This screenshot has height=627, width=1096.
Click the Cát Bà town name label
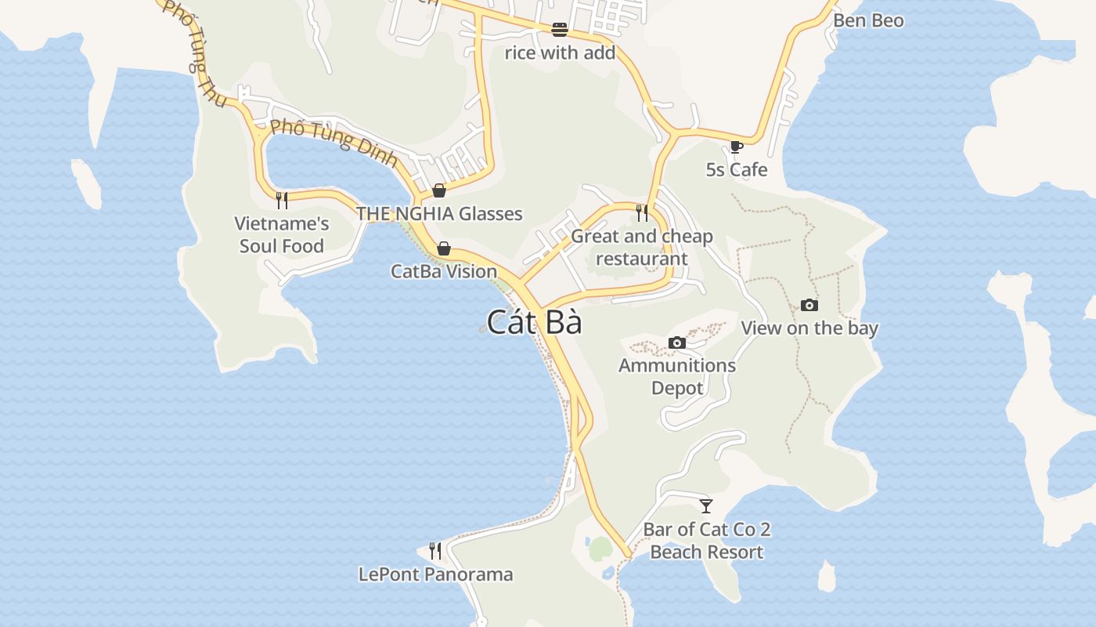coord(535,322)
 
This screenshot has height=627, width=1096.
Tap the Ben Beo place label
coord(868,20)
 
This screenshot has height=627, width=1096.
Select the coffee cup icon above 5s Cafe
coord(736,147)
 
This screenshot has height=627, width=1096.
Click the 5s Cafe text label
coord(737,169)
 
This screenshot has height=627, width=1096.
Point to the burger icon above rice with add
coord(560,30)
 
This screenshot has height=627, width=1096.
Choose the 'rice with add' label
coord(560,53)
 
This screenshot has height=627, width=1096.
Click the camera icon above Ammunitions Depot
coord(677,342)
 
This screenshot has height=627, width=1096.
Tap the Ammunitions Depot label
coord(677,376)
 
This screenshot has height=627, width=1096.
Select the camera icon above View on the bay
coord(809,305)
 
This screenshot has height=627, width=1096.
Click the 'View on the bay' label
coord(809,328)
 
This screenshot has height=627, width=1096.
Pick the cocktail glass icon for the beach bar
coord(706,506)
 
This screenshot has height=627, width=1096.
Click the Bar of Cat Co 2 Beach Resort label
coord(707,540)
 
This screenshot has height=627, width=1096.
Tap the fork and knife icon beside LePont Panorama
coord(435,551)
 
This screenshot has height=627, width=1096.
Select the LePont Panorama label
coord(436,574)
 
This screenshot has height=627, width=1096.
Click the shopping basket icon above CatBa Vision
coord(444,248)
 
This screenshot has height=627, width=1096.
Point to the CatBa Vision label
coord(444,271)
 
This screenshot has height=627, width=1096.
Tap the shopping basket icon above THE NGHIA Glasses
coord(439,190)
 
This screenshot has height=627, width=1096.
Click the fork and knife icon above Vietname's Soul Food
coord(282,201)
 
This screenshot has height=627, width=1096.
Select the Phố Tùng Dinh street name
coord(333,141)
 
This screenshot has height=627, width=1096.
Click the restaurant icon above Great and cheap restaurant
coord(642,213)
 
